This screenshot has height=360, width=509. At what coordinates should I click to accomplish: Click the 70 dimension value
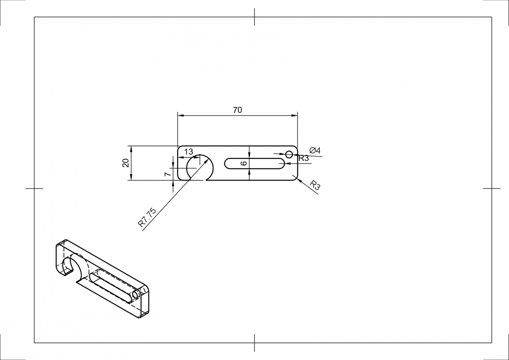(237, 110)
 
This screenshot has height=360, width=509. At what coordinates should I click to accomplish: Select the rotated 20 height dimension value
(126, 163)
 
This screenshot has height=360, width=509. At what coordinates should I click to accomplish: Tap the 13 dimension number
(189, 152)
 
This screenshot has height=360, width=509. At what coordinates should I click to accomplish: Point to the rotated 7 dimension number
(167, 174)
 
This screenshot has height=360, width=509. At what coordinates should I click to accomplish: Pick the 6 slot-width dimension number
(244, 163)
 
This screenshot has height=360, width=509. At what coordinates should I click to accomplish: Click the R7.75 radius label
(147, 217)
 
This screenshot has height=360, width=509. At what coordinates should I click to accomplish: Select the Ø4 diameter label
(315, 150)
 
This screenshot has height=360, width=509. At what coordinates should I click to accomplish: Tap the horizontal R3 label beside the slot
(304, 158)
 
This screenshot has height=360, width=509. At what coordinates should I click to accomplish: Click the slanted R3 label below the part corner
(315, 185)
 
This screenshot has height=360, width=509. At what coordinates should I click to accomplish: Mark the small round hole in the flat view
(289, 154)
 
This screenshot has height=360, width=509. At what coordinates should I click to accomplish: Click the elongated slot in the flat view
(254, 163)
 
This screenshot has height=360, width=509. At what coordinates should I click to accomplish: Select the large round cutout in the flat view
(200, 167)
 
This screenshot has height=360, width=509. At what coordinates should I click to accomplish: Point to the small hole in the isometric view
(135, 295)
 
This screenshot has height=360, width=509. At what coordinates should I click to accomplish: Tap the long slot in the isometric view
(112, 286)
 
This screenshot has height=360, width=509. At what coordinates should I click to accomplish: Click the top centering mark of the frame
(254, 17)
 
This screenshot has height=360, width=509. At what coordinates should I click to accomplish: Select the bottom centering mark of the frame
(254, 343)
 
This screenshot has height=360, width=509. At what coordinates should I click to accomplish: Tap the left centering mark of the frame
(34, 188)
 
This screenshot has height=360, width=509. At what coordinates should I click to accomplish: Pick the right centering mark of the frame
(491, 188)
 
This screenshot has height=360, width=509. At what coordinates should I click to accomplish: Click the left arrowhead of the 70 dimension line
(180, 116)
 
